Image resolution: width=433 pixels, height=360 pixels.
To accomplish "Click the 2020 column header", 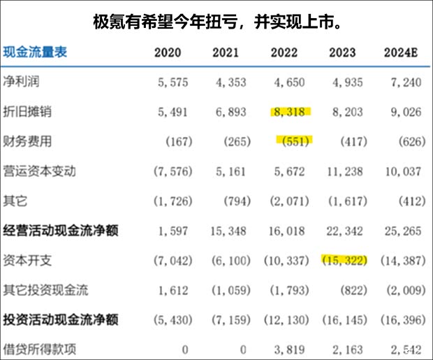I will pyautogui.click(x=168, y=52).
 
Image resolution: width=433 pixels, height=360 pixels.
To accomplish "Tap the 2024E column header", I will pyautogui.click(x=404, y=52).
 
